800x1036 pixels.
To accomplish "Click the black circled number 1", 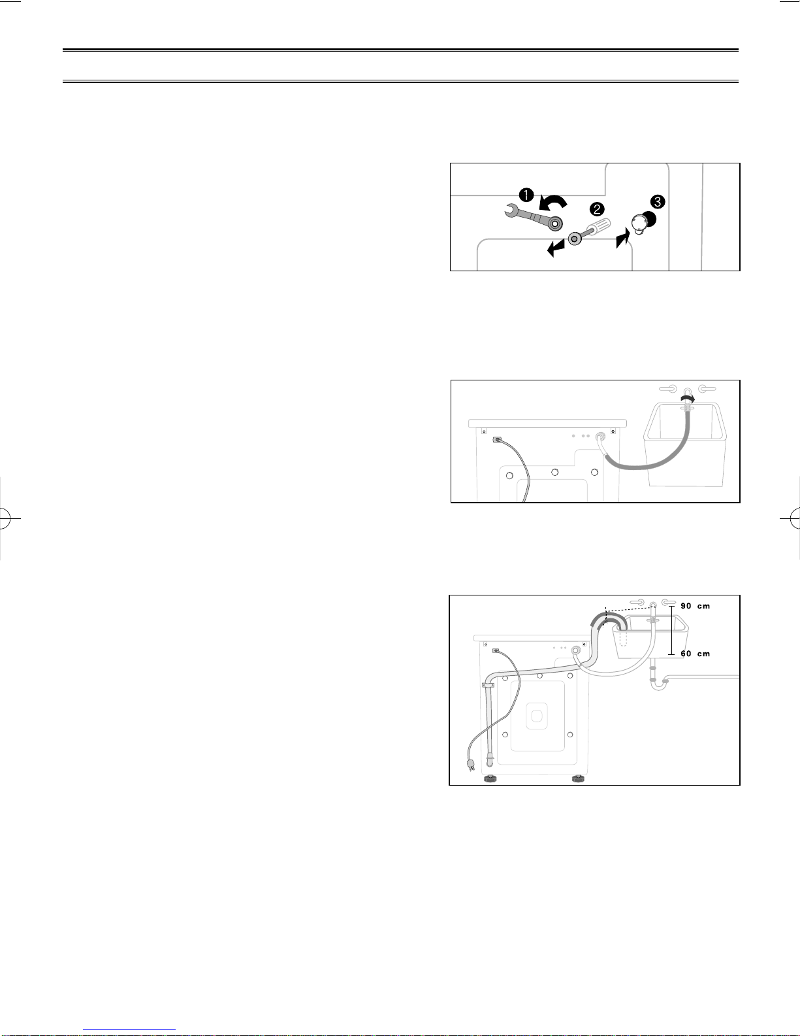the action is (526, 195).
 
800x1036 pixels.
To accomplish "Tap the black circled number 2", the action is (597, 209).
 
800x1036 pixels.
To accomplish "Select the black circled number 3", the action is (658, 202).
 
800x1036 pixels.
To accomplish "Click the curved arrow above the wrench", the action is (552, 203).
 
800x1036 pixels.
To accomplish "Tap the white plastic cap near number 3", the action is (639, 224).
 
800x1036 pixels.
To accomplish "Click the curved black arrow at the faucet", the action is (688, 397).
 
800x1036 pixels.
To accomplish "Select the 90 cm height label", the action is (696, 606).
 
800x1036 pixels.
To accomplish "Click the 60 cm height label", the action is (696, 654).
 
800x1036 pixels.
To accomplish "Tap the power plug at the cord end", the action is (471, 765).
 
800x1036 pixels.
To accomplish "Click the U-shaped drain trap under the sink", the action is (659, 684).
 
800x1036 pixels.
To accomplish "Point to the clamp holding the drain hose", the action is (488, 685).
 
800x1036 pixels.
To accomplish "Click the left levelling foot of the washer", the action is (490, 778).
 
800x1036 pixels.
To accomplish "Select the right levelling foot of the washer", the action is (579, 778).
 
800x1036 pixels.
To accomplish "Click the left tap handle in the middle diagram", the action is (667, 388).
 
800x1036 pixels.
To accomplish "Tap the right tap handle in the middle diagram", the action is (707, 388).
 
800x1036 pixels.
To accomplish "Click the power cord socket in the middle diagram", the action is (497, 440).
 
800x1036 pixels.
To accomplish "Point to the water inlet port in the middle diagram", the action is (600, 436).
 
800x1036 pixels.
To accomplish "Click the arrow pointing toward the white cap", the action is (623, 238).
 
